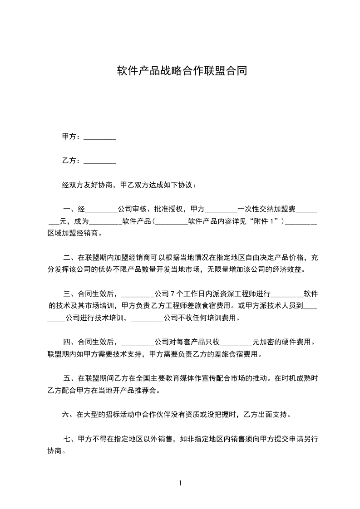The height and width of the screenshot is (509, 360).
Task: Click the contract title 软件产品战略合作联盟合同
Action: [182, 71]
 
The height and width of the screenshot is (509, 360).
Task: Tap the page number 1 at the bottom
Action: [180, 483]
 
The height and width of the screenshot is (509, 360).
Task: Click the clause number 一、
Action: [70, 210]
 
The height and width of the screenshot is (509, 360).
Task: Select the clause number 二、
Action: [70, 258]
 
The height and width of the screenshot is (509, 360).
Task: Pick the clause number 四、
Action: [70, 341]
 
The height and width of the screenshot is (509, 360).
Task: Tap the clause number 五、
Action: [70, 377]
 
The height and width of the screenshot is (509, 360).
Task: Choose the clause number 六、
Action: [69, 414]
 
